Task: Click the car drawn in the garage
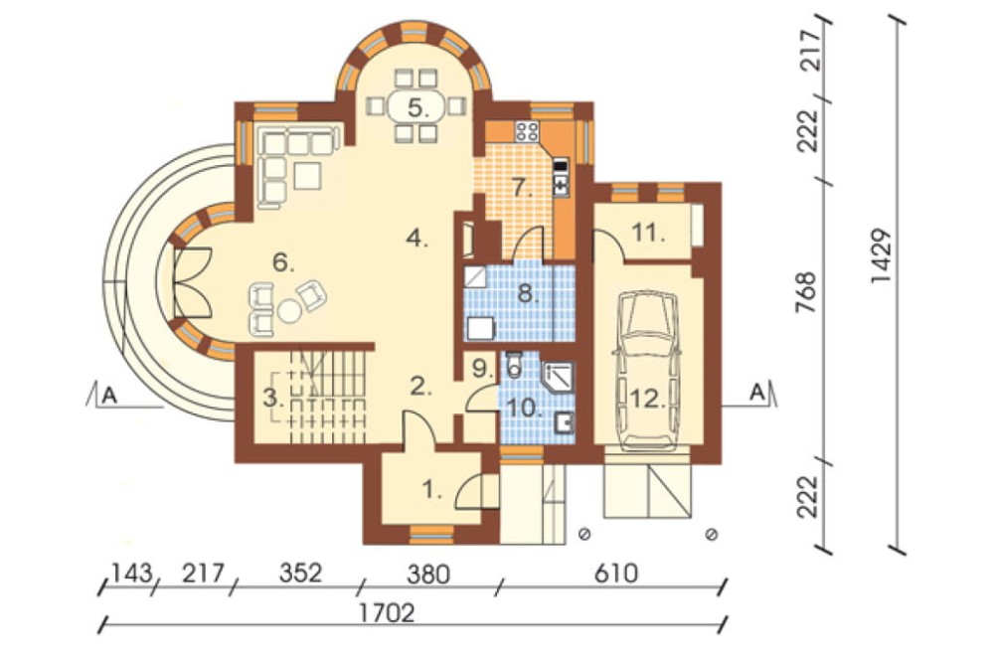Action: [648, 371]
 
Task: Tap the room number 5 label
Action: [417, 107]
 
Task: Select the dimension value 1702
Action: [386, 614]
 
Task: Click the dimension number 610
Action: [615, 574]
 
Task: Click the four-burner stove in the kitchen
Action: [527, 131]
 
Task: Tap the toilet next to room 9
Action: [514, 363]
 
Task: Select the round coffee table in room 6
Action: [290, 310]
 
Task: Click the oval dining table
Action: [417, 107]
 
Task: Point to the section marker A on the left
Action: [109, 396]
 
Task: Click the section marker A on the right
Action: [756, 393]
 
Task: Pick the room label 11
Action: [648, 234]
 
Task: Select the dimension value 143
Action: [132, 574]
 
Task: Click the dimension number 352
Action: [300, 573]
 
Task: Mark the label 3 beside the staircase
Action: [272, 399]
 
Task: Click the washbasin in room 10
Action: [564, 421]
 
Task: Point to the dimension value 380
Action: [427, 574]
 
